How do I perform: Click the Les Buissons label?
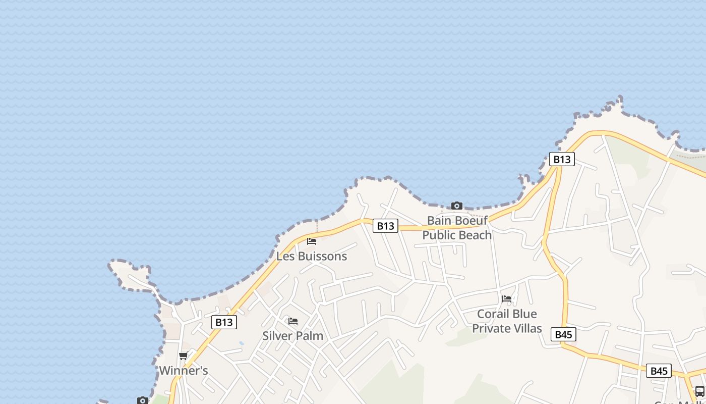click(312, 256)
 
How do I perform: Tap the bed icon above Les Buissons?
click(312, 241)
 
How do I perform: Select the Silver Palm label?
click(293, 336)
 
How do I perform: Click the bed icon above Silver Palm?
click(293, 321)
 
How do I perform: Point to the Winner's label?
click(184, 371)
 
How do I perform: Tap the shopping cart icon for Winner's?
click(184, 356)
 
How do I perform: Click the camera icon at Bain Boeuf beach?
click(457, 206)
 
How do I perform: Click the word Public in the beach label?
click(439, 235)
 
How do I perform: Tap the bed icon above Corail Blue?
click(507, 299)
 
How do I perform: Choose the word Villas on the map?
click(525, 328)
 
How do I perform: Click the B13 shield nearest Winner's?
click(224, 322)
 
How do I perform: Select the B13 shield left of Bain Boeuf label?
click(385, 226)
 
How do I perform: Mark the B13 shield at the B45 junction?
click(562, 160)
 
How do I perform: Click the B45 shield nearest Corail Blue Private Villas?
click(563, 334)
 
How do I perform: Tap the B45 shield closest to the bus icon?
click(659, 371)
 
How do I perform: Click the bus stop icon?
click(699, 391)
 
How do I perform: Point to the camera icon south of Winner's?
click(143, 400)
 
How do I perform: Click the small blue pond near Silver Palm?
click(242, 343)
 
